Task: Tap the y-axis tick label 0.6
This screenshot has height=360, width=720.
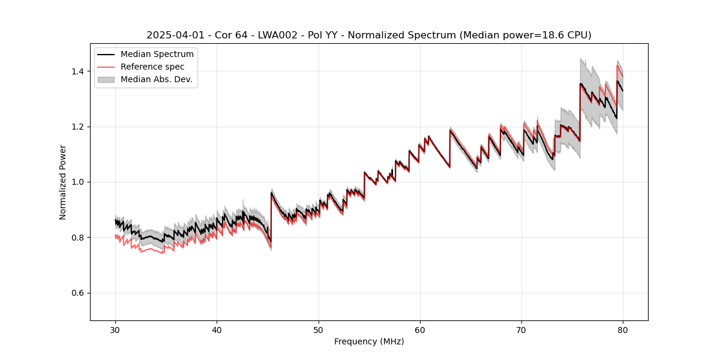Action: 79,293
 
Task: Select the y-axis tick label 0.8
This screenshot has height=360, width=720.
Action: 79,238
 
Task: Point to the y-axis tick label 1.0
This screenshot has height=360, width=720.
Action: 79,182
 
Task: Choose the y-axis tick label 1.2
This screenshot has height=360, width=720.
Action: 79,127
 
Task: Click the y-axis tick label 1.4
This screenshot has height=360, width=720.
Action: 79,71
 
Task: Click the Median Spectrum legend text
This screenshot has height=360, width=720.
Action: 157,55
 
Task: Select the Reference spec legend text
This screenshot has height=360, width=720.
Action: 152,67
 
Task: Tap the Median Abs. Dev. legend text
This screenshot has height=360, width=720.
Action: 156,79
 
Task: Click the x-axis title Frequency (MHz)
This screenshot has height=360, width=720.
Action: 369,341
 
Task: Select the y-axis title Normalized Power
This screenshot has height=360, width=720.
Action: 63,182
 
